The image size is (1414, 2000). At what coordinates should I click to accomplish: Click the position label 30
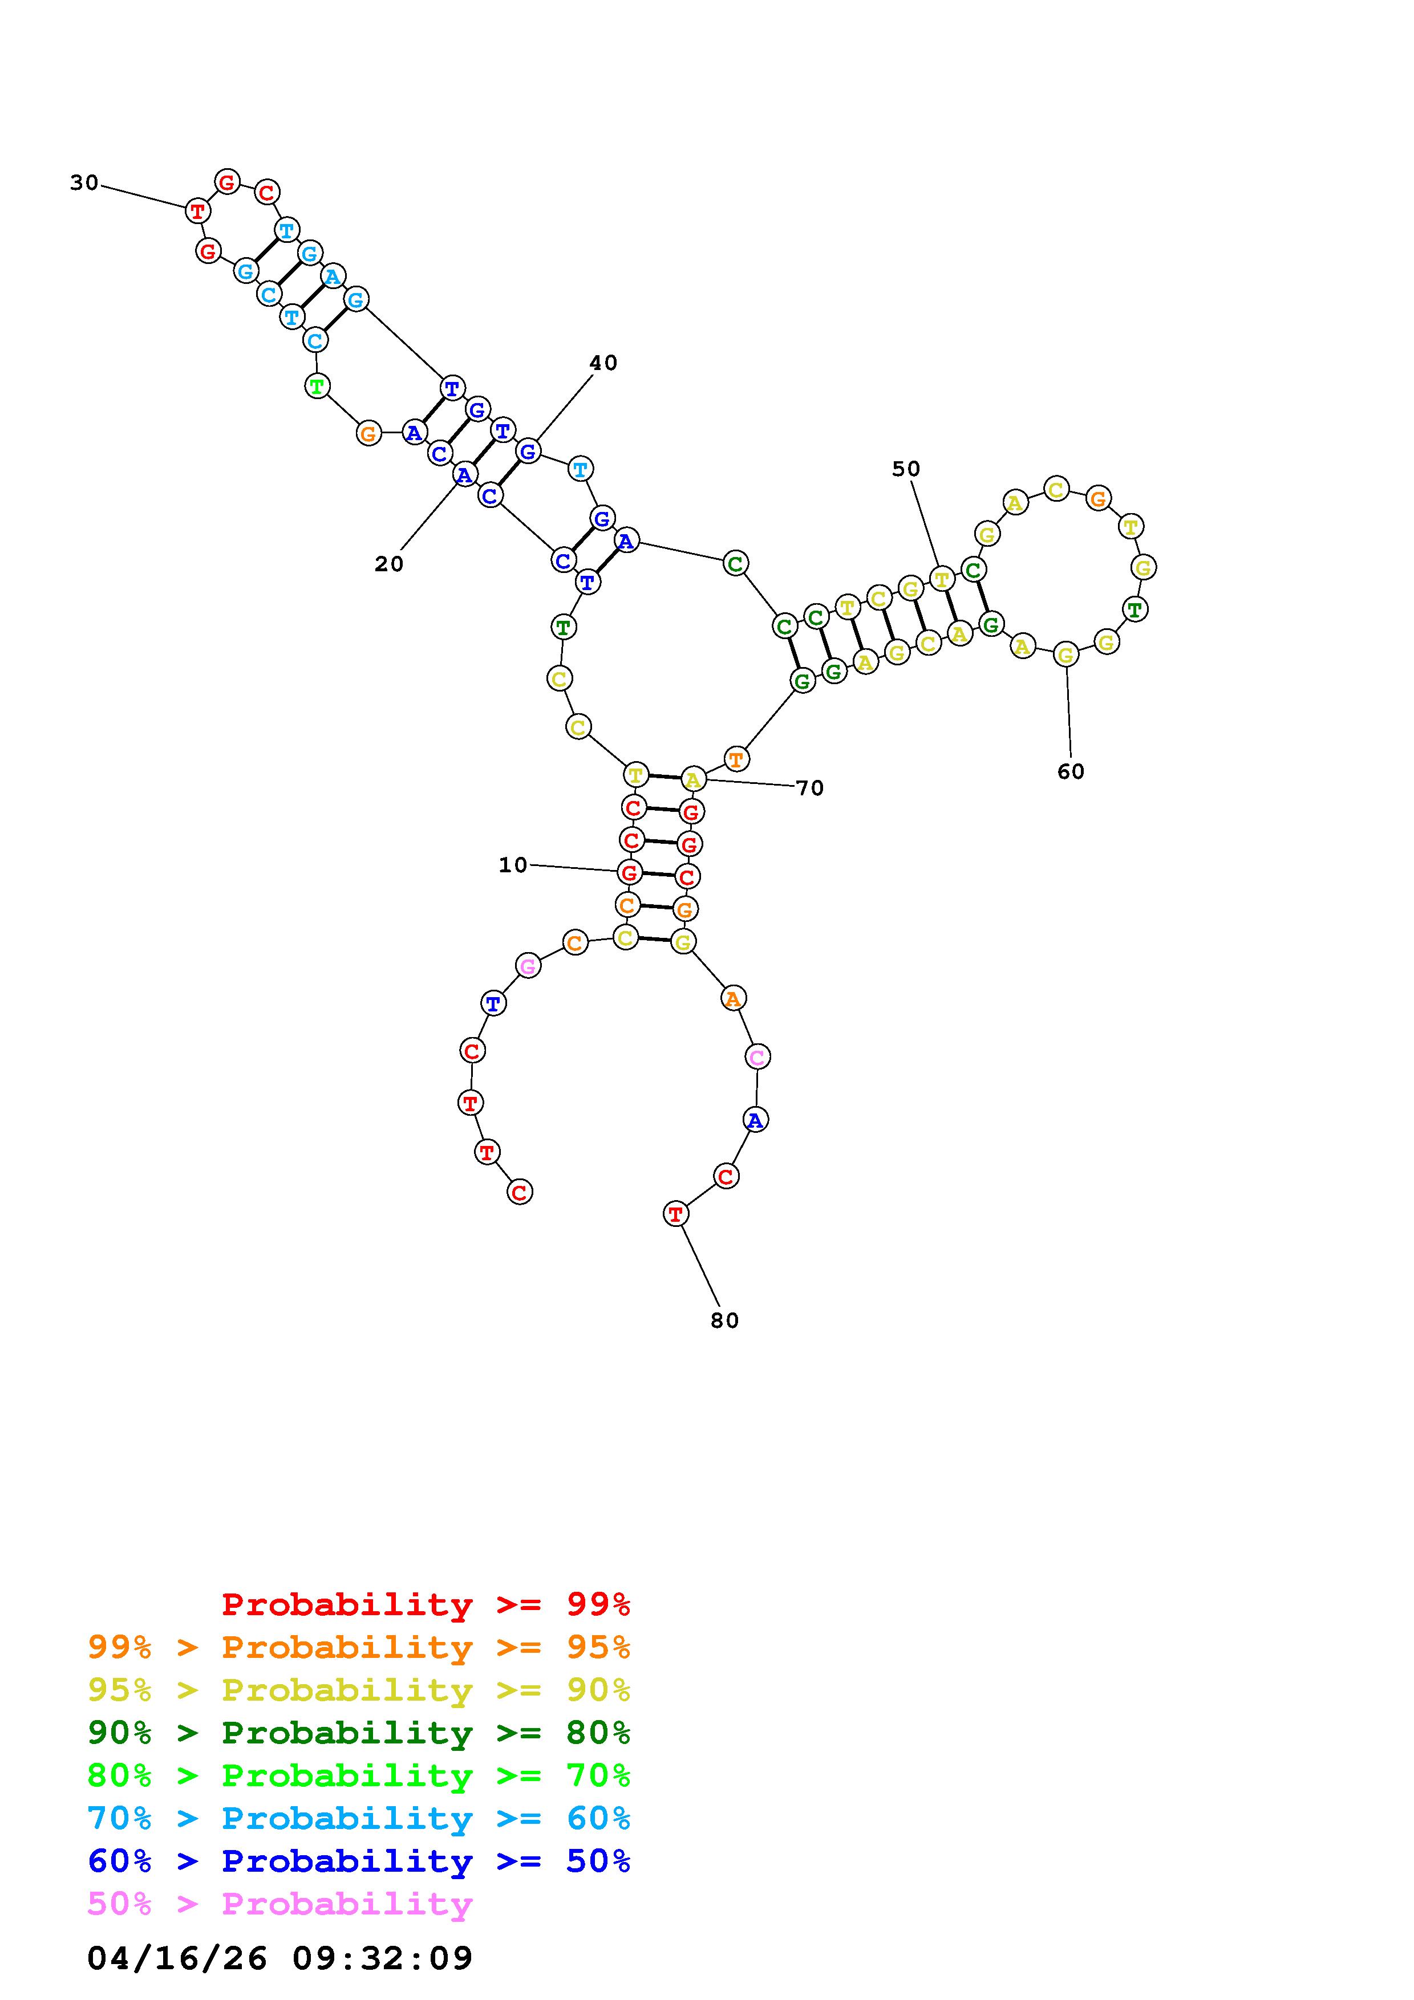click(x=84, y=183)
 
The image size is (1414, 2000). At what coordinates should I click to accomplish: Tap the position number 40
click(x=603, y=363)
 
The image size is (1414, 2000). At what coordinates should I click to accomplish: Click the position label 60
click(x=1071, y=772)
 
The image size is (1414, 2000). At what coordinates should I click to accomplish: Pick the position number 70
click(x=810, y=788)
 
